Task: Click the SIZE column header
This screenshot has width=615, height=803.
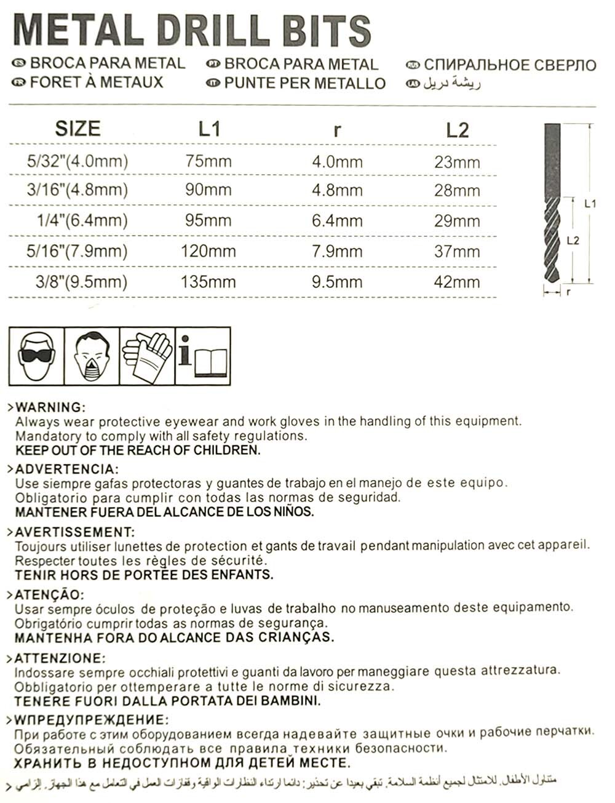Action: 77,129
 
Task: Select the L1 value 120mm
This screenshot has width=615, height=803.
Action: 208,251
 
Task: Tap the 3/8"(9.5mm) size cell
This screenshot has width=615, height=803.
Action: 81,282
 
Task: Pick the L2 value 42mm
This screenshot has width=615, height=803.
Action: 456,282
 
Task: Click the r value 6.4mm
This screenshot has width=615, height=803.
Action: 337,220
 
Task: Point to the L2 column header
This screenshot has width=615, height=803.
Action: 457,130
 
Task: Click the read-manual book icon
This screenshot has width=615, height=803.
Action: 203,357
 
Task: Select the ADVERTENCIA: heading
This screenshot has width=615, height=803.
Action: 64,469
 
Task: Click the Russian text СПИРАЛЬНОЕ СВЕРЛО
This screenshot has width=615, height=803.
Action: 509,65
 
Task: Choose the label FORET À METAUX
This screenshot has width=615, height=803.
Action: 97,82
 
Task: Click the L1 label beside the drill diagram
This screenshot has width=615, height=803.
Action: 590,204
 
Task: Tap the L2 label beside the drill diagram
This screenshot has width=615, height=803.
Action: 573,241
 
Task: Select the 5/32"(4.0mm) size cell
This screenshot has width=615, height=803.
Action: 77,161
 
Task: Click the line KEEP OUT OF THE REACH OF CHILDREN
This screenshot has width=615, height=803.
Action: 138,450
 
